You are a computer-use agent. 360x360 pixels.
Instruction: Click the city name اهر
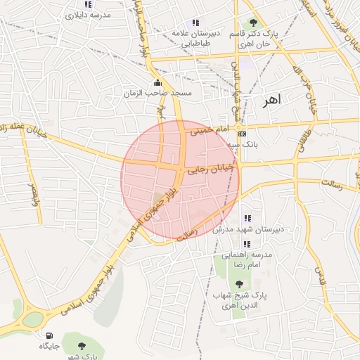pos(270,101)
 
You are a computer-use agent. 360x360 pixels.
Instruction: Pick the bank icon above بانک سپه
pos(243,133)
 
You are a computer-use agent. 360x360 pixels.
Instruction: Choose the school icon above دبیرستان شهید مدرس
pos(246,219)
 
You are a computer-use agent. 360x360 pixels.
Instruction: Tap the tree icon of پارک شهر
pos(82,346)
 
